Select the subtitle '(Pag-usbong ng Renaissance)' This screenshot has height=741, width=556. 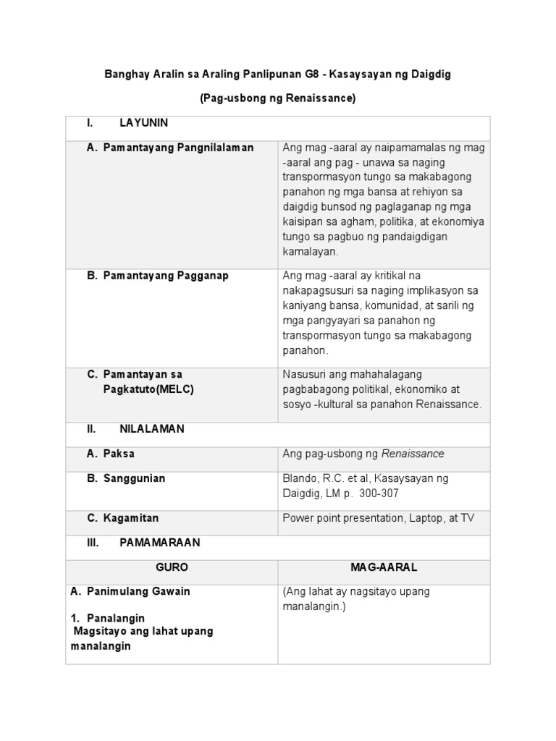tap(278, 98)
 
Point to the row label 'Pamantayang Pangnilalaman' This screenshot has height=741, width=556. tap(178, 148)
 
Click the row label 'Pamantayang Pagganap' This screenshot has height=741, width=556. tap(166, 276)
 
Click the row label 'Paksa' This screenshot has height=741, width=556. tap(119, 454)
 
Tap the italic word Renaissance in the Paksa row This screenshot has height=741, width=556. tap(413, 454)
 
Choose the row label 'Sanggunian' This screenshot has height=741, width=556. tap(134, 478)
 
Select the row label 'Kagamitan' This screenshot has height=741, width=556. tap(131, 518)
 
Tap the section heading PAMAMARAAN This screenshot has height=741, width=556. tap(159, 542)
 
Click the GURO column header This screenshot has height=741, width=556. tap(172, 567)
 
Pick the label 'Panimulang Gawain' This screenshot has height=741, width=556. tap(138, 591)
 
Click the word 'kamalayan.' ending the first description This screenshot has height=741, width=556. tap(310, 251)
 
